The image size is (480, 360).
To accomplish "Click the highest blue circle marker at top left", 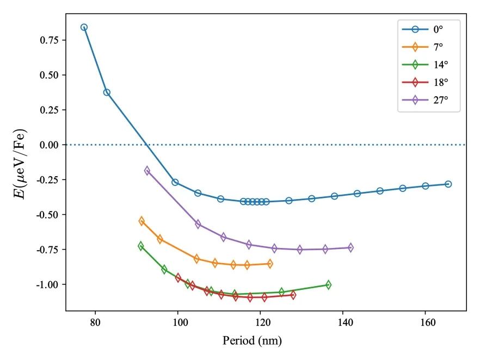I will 84,27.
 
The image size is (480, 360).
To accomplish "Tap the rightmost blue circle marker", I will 448,184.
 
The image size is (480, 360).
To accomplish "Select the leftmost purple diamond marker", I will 147,171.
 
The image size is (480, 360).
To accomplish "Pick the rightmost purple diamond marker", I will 350,247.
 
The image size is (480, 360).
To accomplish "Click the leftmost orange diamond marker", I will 141,221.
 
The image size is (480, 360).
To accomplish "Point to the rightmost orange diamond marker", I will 270,264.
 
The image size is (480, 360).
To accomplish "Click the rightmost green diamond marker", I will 328,285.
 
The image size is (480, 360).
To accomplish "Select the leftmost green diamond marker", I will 141,246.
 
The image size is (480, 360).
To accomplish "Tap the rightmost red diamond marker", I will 293,295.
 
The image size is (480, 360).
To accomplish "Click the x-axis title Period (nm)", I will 252,342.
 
